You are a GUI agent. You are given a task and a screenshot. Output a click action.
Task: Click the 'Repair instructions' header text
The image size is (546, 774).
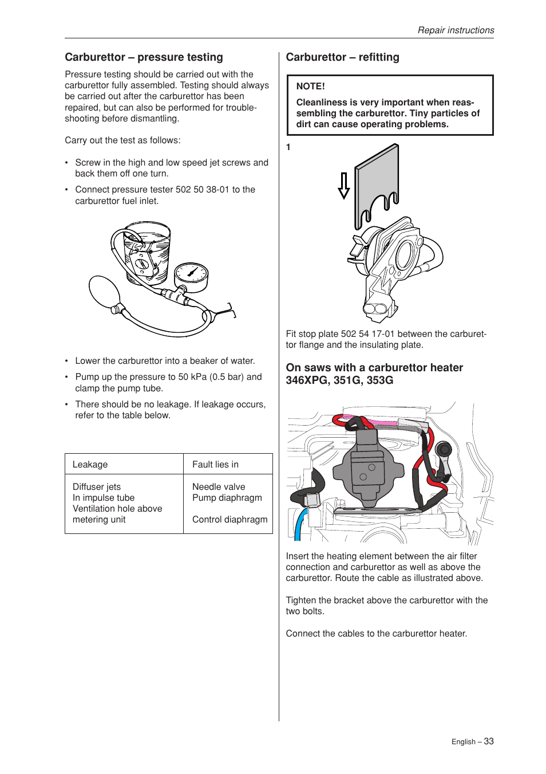456,30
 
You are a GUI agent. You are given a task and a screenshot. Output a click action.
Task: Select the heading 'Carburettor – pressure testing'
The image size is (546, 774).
144,57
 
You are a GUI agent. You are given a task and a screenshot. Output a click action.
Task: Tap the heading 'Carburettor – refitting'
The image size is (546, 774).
342,57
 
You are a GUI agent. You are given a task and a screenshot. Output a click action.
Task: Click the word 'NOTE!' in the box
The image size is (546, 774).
310,87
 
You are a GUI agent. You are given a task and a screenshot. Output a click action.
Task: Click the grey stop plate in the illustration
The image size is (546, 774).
376,178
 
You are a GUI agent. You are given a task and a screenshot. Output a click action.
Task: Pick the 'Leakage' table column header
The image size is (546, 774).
90,465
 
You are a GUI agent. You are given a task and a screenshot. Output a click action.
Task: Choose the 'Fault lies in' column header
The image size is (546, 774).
215,465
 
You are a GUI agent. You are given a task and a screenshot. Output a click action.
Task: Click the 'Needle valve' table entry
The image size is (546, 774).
219,487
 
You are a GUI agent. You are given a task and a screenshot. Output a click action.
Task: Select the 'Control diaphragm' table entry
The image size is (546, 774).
230,520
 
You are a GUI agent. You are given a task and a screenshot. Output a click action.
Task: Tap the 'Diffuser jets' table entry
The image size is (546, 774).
97,487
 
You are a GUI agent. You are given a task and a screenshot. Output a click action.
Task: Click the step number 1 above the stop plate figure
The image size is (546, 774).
288,147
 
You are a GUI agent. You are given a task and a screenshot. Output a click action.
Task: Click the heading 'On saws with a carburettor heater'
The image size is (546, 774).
374,368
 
